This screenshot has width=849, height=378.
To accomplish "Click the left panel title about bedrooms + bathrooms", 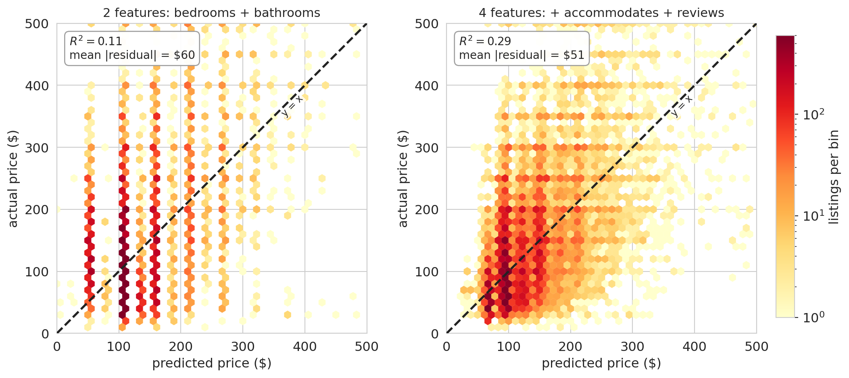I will [211, 13].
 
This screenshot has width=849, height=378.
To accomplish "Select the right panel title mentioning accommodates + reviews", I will [601, 13].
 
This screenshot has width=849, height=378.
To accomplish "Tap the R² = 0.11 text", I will [96, 41].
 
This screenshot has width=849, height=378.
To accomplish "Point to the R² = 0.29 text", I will [485, 41].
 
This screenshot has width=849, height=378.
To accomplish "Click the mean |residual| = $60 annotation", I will [132, 55].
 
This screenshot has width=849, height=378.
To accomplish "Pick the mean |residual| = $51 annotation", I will [521, 55].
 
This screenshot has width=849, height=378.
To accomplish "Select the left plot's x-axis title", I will [211, 363].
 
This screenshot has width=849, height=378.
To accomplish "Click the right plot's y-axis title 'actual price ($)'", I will [403, 178].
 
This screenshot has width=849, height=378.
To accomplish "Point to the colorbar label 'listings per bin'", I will [834, 177].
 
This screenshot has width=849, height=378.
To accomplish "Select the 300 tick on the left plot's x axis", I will [242, 347].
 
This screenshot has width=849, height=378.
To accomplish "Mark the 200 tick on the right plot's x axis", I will [570, 347].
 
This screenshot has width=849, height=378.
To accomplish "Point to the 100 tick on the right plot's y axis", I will [427, 272].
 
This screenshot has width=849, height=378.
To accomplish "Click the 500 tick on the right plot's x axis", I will [756, 347].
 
